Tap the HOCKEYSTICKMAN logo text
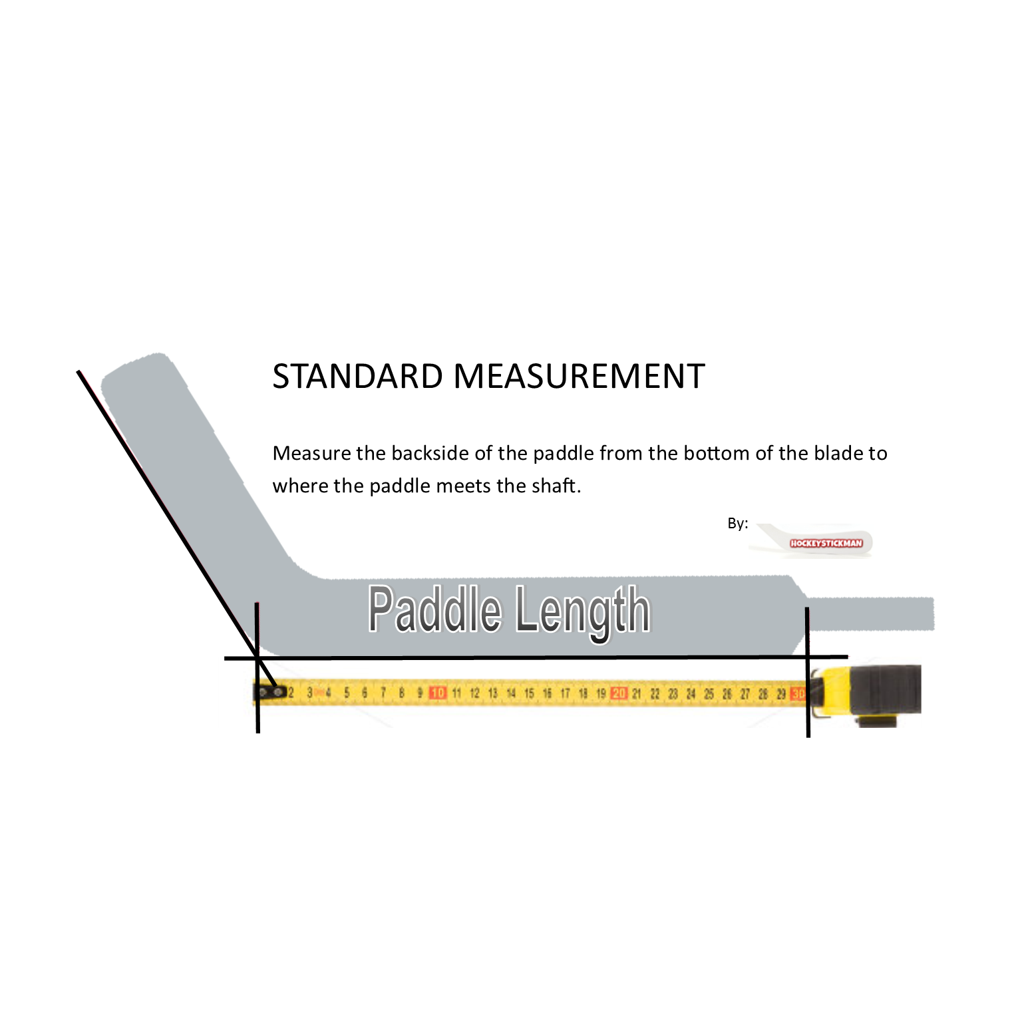point(826,544)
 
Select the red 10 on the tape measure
point(438,693)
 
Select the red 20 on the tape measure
point(619,693)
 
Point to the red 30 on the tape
point(798,694)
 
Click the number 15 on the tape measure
point(529,693)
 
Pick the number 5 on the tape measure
point(347,693)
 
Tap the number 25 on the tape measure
point(709,694)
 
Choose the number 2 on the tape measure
point(291,693)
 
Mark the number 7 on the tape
point(383,693)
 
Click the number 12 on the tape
point(474,693)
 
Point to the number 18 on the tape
point(583,693)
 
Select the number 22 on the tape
point(655,694)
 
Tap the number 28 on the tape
point(763,694)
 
